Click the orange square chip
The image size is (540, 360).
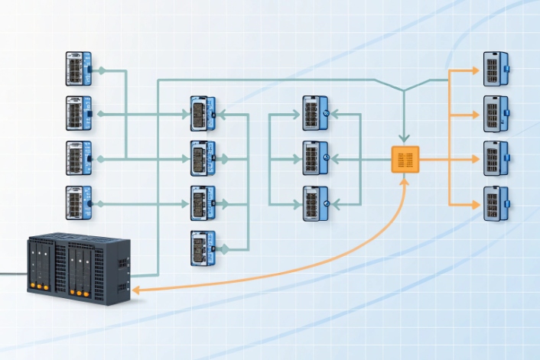(x=405, y=159)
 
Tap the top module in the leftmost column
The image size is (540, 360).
(x=78, y=69)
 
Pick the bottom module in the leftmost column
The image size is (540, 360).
(x=78, y=203)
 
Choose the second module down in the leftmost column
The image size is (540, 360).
(x=78, y=113)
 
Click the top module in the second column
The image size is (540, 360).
(x=202, y=114)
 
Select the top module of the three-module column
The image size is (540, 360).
(x=315, y=113)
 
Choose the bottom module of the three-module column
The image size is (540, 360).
(x=315, y=203)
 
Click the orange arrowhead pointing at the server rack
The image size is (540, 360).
(x=135, y=290)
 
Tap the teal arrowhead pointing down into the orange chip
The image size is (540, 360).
(x=405, y=138)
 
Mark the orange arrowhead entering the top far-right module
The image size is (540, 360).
(x=475, y=70)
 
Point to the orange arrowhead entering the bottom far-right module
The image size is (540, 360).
(x=475, y=204)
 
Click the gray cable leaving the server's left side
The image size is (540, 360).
(x=11, y=273)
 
